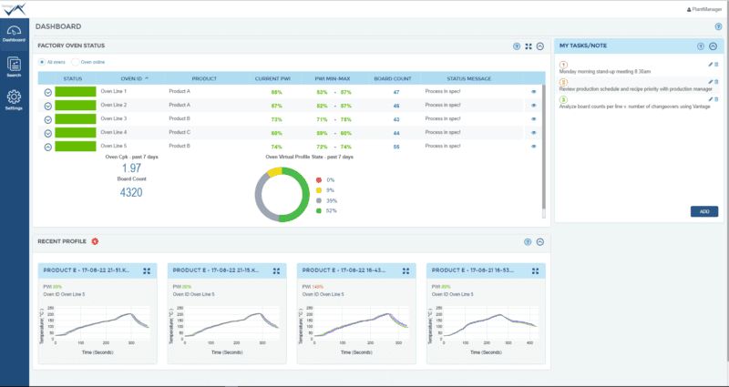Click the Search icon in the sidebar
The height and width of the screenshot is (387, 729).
[14, 66]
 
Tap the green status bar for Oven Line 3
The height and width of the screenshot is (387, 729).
[75, 118]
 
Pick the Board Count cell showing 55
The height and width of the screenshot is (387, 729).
[395, 146]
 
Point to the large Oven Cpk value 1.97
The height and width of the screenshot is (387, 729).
[130, 168]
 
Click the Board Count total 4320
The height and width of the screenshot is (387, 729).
[130, 193]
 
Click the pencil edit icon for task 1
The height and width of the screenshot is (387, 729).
[709, 65]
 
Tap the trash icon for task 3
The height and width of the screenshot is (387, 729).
[716, 99]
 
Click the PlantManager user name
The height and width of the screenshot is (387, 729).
[703, 8]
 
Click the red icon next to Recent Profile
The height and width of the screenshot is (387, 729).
[95, 241]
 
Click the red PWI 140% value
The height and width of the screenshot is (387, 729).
[318, 286]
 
